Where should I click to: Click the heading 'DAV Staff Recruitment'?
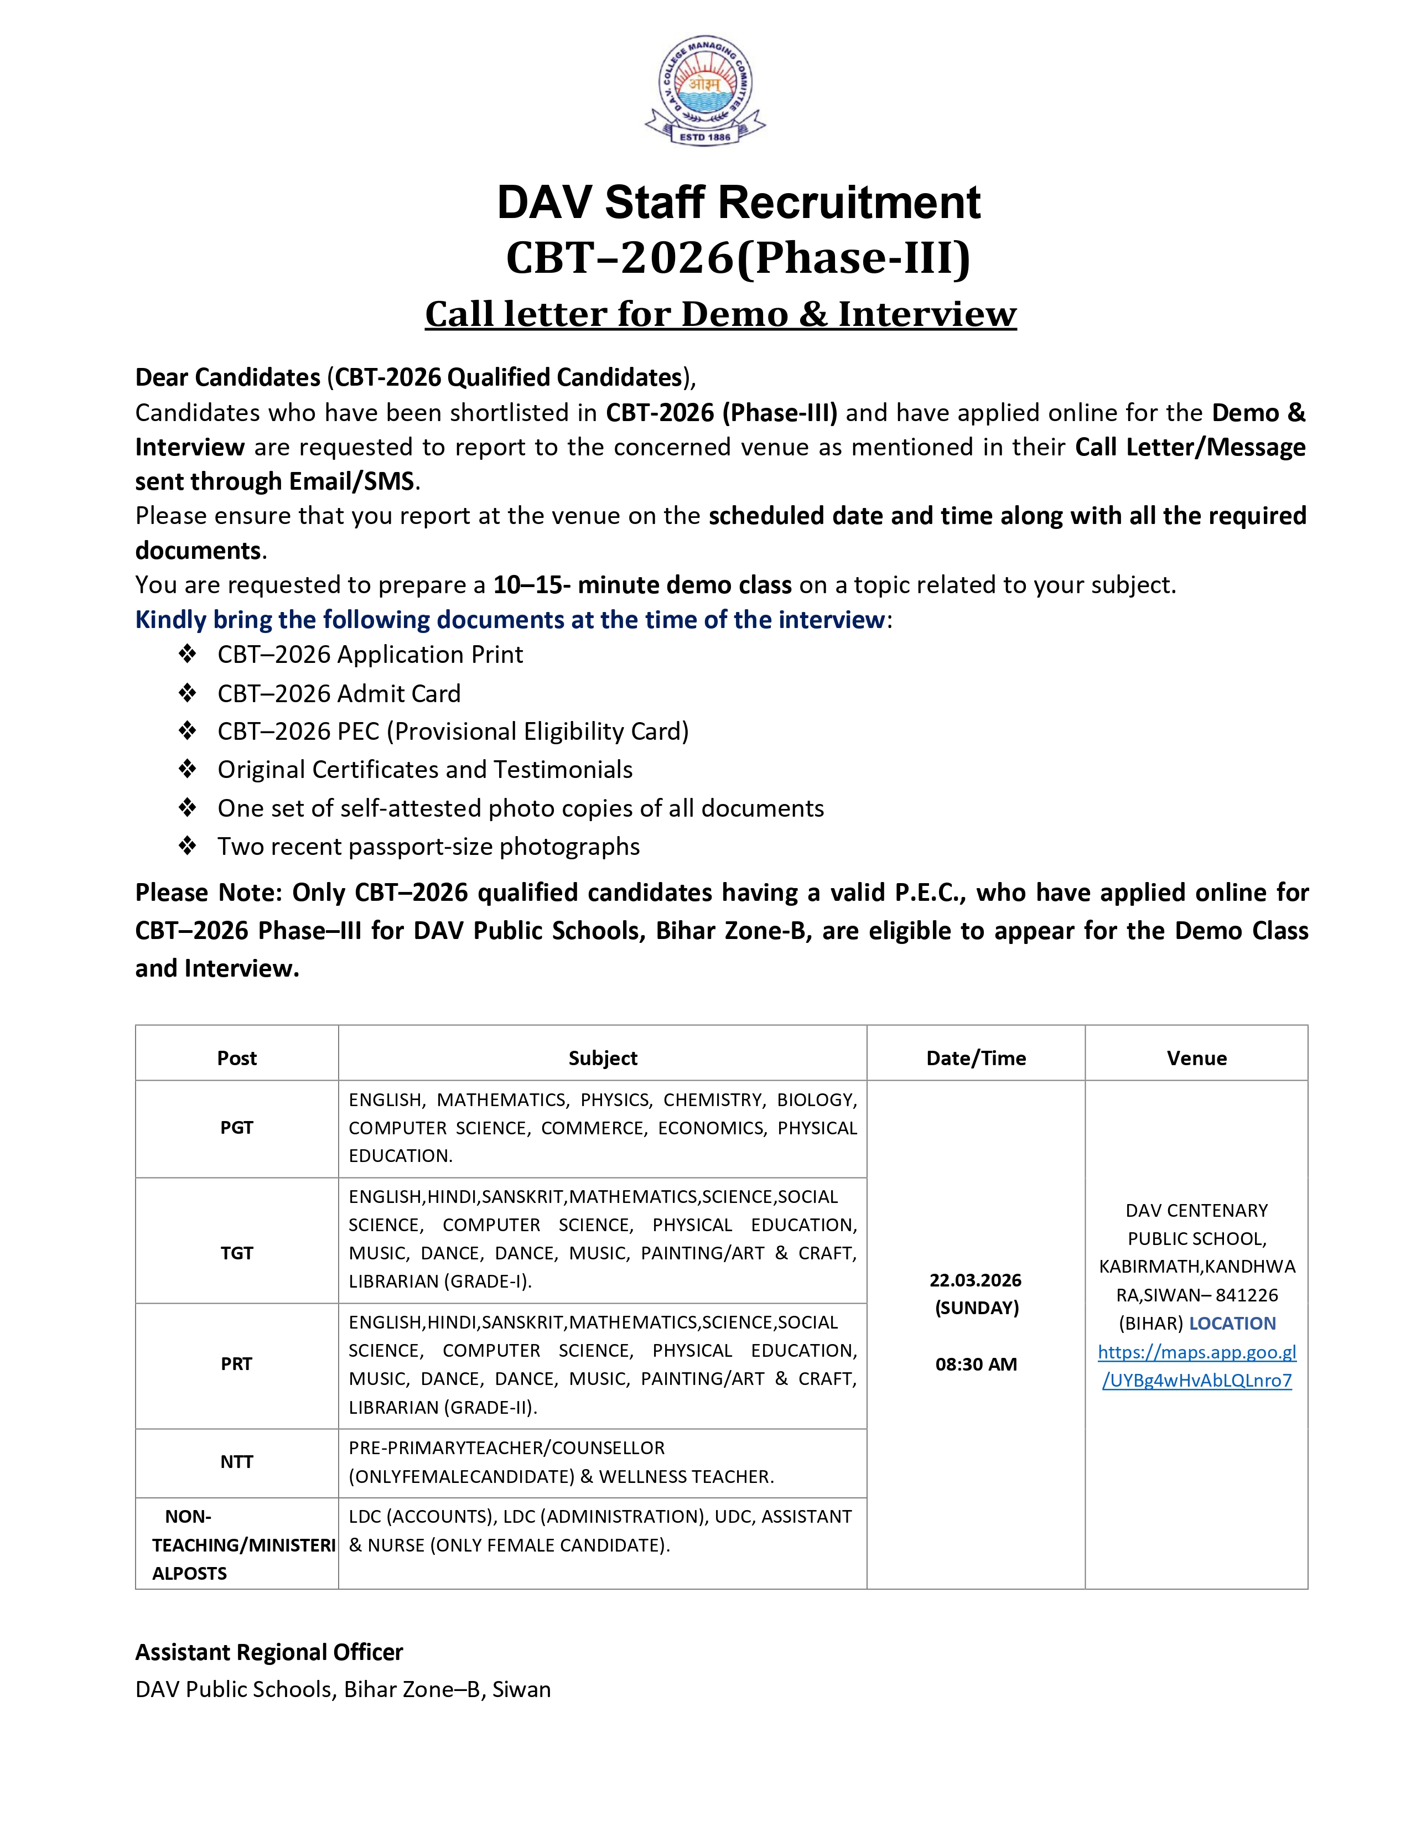point(738,203)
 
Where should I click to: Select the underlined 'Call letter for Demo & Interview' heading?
point(720,314)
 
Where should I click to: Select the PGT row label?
point(237,1127)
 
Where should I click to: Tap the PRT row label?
point(237,1363)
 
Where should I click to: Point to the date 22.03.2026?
point(976,1280)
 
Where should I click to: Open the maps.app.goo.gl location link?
point(1196,1366)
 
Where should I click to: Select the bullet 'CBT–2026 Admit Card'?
point(339,693)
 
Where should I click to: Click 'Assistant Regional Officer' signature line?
point(269,1652)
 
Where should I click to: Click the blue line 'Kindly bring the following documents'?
point(510,620)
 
